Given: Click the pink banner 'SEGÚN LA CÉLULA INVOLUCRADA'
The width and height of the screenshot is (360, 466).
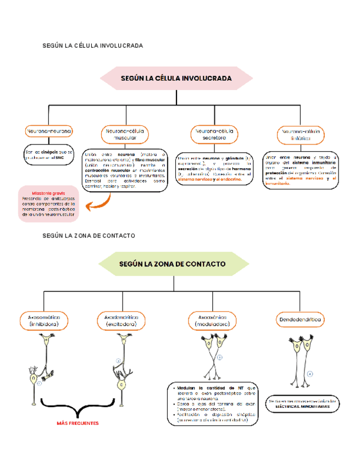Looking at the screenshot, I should (x=176, y=78).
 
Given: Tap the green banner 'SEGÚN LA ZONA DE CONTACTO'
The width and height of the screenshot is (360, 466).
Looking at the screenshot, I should (x=172, y=264).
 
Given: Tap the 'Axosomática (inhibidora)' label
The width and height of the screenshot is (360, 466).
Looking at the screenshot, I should (x=44, y=321).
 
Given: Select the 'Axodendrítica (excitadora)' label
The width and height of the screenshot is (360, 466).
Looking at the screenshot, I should (x=121, y=321).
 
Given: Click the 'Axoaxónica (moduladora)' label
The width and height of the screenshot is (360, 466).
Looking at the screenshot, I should (x=213, y=321).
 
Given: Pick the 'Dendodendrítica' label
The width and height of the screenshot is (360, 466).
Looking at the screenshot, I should (x=300, y=319).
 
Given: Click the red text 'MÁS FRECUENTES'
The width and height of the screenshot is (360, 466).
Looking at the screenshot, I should (x=78, y=423).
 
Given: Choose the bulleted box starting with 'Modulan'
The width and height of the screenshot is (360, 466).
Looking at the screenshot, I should (x=213, y=404).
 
